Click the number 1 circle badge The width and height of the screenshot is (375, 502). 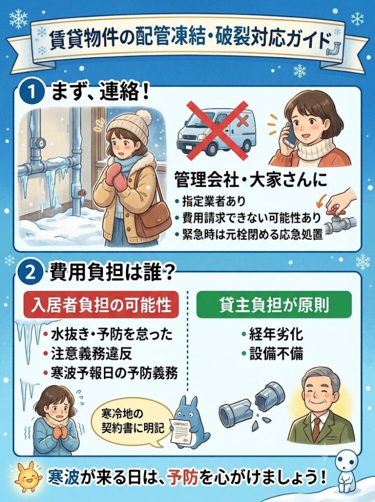pyautogui.click(x=32, y=92)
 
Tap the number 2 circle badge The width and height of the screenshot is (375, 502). pyautogui.click(x=32, y=273)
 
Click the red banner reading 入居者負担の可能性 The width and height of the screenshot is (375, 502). pyautogui.click(x=100, y=305)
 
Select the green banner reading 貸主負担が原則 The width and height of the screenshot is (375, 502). pyautogui.click(x=274, y=305)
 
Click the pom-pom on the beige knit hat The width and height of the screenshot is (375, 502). pyautogui.click(x=143, y=117)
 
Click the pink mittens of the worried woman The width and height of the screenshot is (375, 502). pyautogui.click(x=114, y=175)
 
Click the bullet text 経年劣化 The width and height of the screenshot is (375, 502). pyautogui.click(x=276, y=334)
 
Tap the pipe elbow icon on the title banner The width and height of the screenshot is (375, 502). pyautogui.click(x=334, y=47)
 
